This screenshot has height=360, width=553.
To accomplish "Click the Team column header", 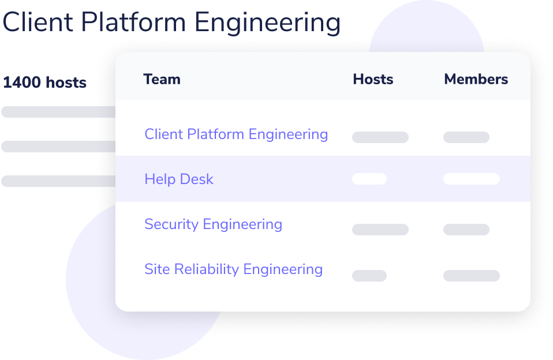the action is pos(162,80).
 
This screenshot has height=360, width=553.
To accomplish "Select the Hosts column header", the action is pos(373,80).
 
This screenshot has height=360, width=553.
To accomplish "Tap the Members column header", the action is pos(476,80).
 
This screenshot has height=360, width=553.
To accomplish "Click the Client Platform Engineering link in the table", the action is pos(236,134).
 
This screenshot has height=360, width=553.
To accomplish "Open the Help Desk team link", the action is pos(179,179).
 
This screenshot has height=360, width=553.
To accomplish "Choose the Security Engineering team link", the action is pos(214,224).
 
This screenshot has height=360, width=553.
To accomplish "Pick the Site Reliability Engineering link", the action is pos(233,270).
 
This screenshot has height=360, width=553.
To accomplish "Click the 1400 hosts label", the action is pos(45,82).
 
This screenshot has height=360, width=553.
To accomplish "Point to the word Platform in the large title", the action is pos(133,22).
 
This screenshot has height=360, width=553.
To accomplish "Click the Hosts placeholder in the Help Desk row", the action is pos(369,179).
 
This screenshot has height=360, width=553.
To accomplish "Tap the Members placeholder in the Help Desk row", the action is pos(472,179).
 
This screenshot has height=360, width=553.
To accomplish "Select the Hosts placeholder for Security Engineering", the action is pos(380,230).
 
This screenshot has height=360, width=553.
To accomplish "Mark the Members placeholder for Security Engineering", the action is pos(466,230).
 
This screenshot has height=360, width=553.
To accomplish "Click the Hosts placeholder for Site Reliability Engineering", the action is pos(369,276).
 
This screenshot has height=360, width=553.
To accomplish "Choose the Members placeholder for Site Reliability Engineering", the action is pos(472,276).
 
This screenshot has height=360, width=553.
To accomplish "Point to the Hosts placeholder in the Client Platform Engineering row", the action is pos(380,137).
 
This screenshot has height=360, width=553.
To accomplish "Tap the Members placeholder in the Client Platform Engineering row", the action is pos(466,137).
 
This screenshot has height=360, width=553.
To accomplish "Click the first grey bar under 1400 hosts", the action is pos(58,112).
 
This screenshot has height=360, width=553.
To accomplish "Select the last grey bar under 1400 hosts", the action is pos(58,181).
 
